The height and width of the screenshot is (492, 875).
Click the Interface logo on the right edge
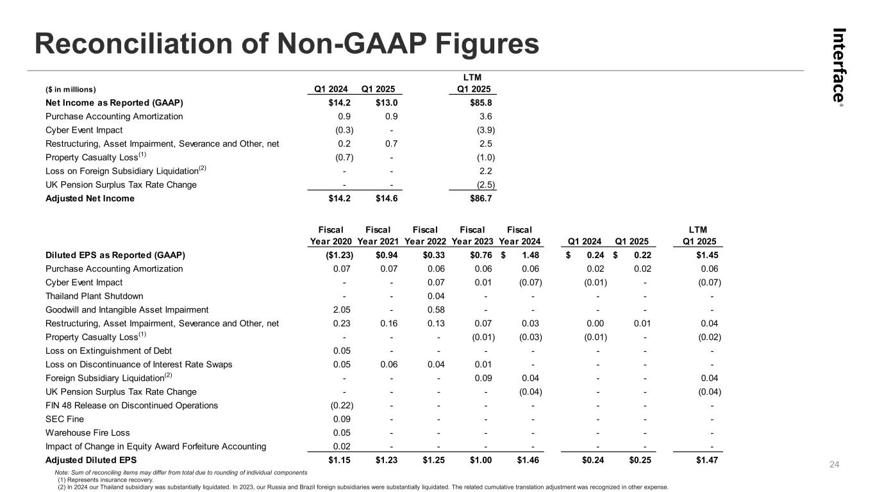click(x=838, y=66)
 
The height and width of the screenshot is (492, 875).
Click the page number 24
click(x=835, y=464)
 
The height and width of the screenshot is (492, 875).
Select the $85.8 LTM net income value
click(x=482, y=102)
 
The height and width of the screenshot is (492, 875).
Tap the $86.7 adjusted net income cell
click(x=482, y=199)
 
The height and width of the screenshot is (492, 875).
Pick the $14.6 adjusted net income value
click(x=387, y=199)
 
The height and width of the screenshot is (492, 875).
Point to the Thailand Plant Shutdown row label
click(x=94, y=296)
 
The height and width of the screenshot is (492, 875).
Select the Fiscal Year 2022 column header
click(x=425, y=235)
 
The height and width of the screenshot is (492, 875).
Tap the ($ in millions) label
click(x=71, y=89)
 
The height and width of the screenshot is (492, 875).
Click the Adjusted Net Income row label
click(x=90, y=199)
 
